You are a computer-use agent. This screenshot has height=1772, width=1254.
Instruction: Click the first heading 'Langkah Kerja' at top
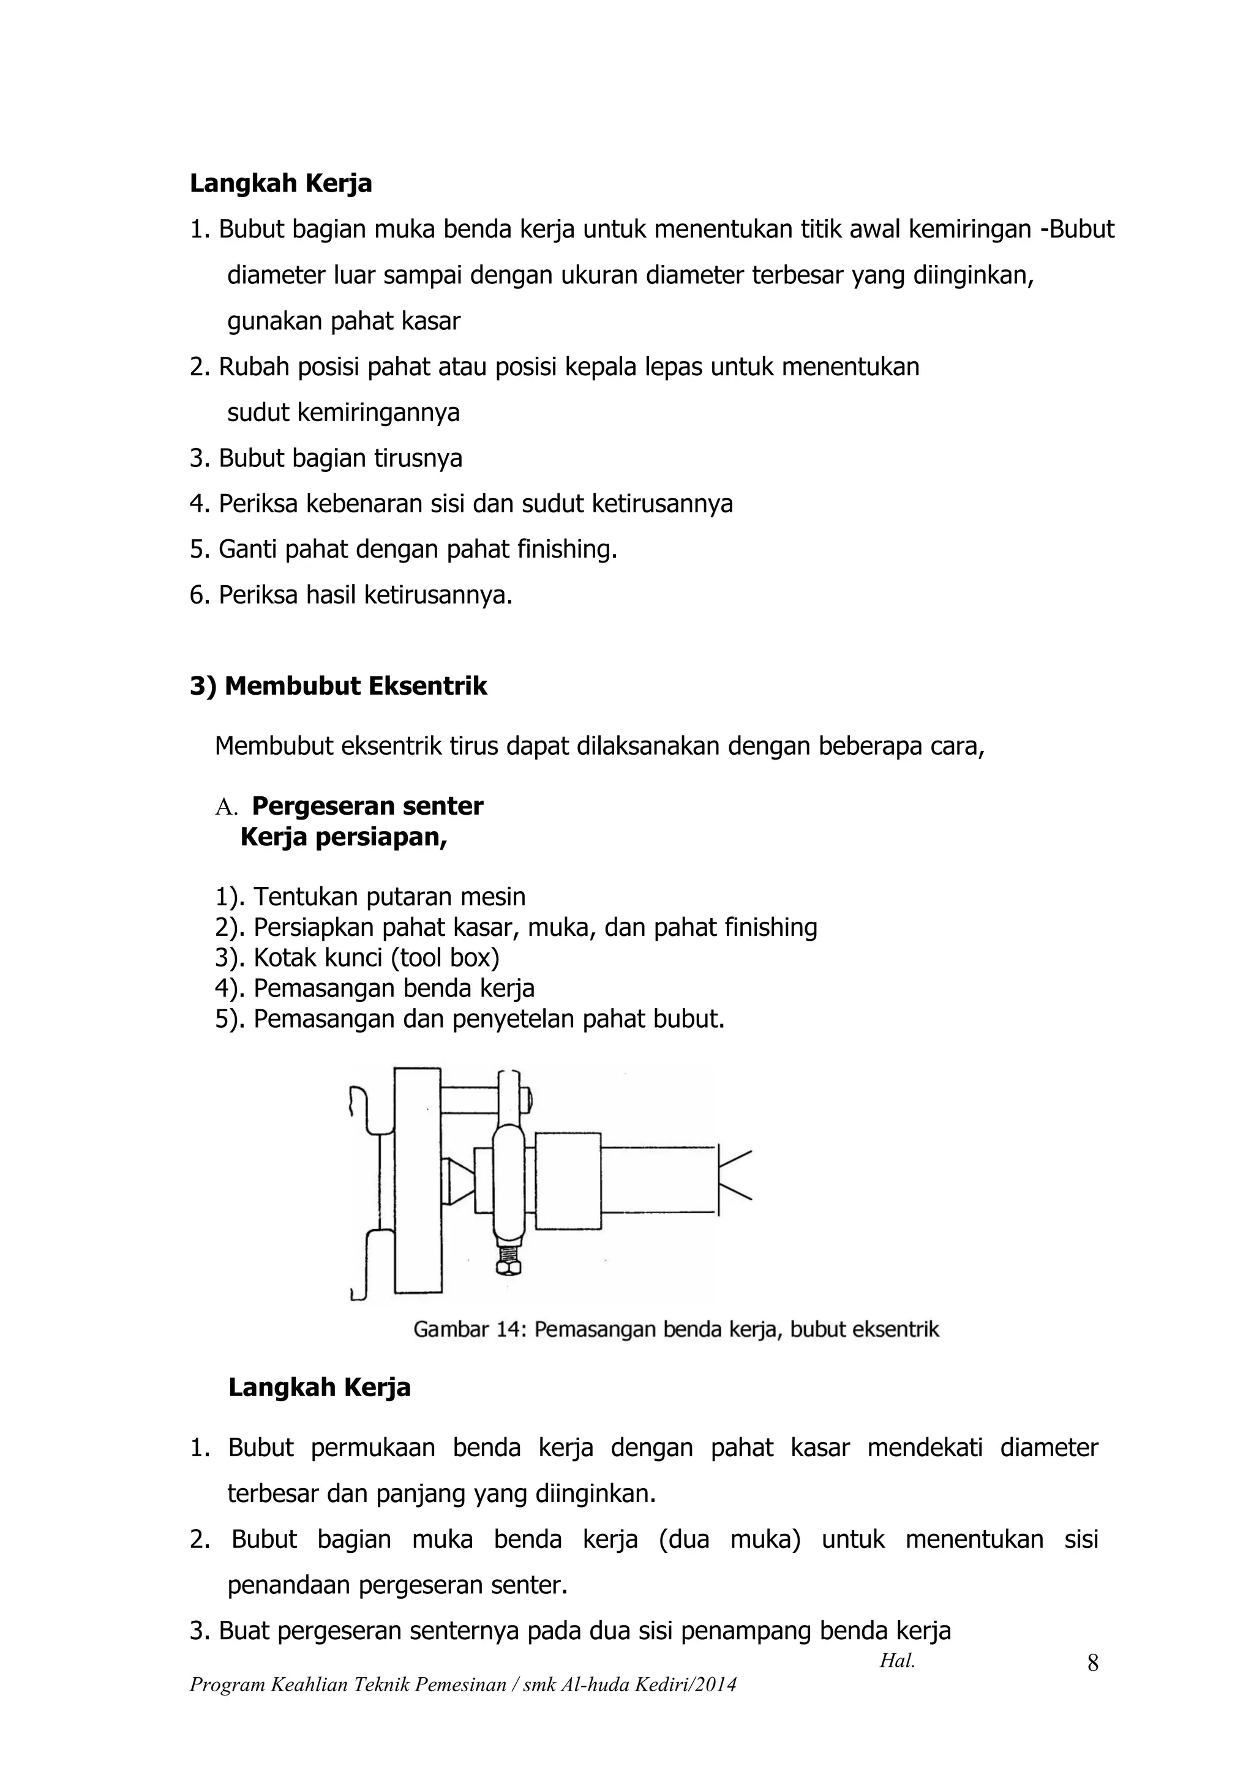[x=280, y=184]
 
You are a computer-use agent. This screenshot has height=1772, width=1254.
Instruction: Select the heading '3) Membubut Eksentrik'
[x=338, y=686]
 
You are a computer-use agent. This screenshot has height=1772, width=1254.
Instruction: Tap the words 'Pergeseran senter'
[x=367, y=806]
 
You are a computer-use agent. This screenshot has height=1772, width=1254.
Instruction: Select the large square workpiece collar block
[x=568, y=1181]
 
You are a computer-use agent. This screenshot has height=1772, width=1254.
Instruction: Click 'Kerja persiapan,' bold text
[x=344, y=837]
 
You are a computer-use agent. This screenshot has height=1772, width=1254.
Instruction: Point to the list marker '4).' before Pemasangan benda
[x=230, y=989]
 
